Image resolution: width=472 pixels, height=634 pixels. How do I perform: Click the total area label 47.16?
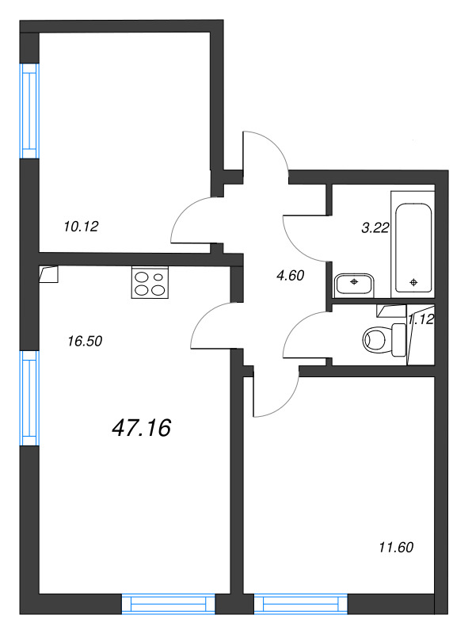(142, 429)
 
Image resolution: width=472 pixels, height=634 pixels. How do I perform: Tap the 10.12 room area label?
(80, 227)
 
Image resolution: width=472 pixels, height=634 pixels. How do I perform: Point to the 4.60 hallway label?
(289, 276)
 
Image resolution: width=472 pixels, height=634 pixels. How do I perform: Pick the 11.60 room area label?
(396, 547)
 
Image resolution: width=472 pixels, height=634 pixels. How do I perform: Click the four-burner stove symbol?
(150, 284)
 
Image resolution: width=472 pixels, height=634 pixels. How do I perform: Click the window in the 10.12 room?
(29, 110)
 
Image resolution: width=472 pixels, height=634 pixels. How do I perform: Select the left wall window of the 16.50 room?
(29, 397)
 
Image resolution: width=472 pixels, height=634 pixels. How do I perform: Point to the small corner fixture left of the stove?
(48, 273)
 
